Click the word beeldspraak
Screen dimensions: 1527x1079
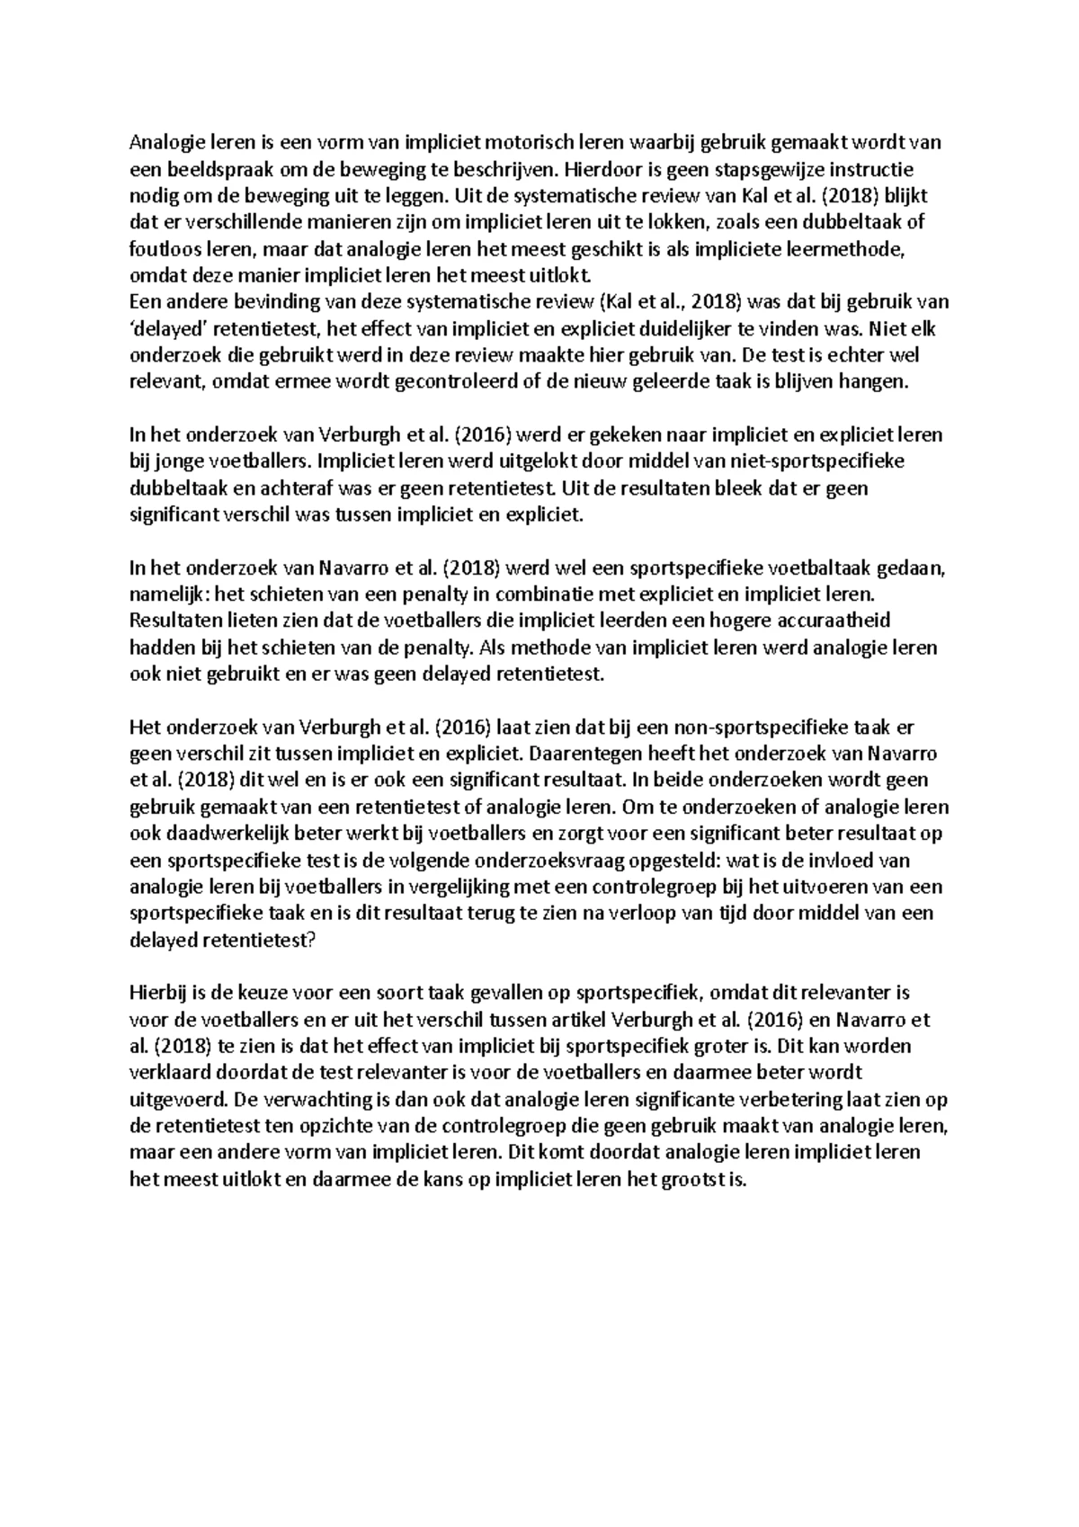pos(209,168)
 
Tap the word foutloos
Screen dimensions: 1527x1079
pos(158,248)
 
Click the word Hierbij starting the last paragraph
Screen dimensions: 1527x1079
pos(159,994)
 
